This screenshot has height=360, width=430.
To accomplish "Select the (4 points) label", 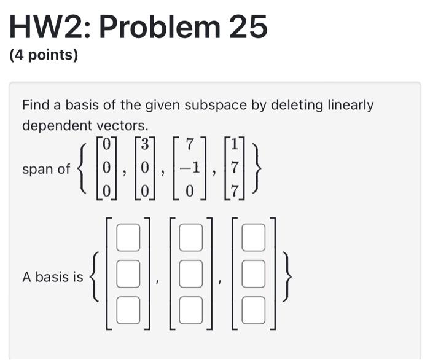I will (44, 56).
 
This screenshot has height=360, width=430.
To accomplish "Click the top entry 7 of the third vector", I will (190, 145).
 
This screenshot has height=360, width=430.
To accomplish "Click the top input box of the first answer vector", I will (128, 238).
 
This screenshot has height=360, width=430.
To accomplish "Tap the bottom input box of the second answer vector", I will (191, 309).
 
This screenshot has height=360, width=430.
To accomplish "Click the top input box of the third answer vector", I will (253, 238).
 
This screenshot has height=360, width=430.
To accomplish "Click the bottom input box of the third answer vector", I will (253, 309).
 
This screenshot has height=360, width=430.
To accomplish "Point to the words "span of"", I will (46, 169).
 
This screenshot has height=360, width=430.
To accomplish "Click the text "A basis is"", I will (52, 277).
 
